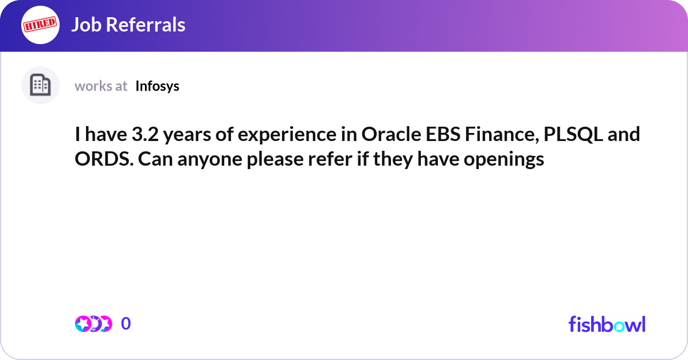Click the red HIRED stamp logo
coord(40,25)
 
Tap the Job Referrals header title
coord(128,25)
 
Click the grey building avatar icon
coord(40,85)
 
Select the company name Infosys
coord(158,86)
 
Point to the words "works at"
coord(101,86)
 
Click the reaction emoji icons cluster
coord(93,324)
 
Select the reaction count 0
coord(126,324)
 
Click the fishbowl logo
coord(607,324)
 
